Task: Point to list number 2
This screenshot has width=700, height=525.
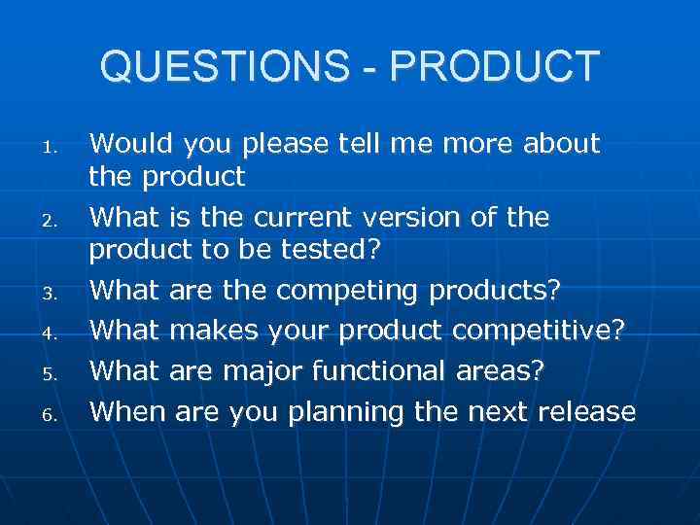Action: click(53, 223)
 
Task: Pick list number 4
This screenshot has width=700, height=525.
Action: click(53, 332)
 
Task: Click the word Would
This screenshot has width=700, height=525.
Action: click(127, 144)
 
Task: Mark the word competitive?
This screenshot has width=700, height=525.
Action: click(539, 331)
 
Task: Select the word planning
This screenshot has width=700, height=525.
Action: click(347, 413)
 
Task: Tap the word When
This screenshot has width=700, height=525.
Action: click(127, 411)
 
